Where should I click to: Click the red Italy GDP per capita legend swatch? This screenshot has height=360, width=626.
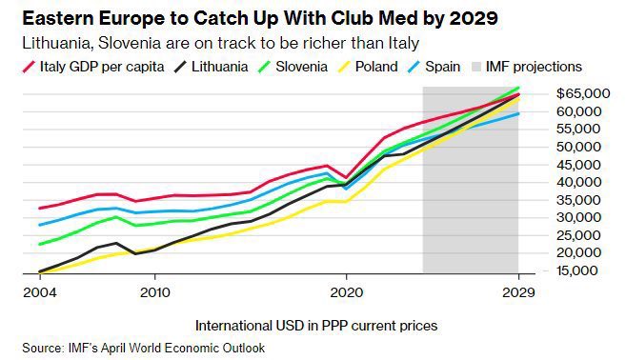pyautogui.click(x=29, y=67)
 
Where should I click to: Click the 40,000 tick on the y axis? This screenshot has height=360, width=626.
pyautogui.click(x=584, y=182)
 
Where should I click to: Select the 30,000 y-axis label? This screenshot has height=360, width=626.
pyautogui.click(x=584, y=217)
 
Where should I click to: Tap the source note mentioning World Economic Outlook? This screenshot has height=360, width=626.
pyautogui.click(x=143, y=348)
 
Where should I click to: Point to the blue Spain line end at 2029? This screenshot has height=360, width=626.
pyautogui.click(x=517, y=113)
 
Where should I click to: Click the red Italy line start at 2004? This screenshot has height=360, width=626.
pyautogui.click(x=38, y=208)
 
